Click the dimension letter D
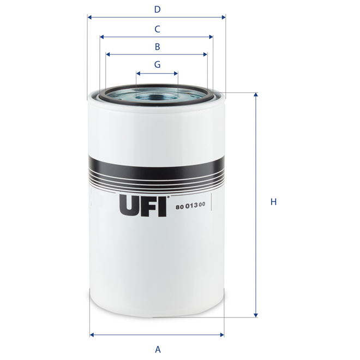pos(157,9)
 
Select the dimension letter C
pos(157,28)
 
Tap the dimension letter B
pos(157,46)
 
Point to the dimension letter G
pos(157,64)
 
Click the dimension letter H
pos(274,202)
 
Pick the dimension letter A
pos(158,349)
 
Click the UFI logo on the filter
pos(142,206)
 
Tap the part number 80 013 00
pos(191,206)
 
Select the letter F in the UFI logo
pos(148,206)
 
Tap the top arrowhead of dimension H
pos(255,95)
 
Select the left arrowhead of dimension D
pos(90,17)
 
